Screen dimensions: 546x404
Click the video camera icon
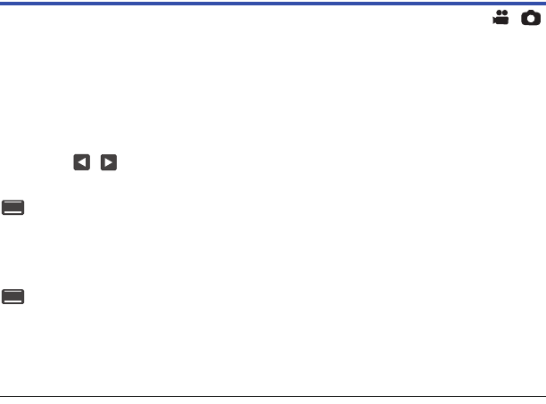tap(500, 17)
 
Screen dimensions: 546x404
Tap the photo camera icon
tap(531, 17)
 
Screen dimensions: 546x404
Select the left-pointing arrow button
tap(82, 163)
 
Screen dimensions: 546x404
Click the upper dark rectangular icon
tap(13, 208)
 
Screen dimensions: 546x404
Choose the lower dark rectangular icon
tap(13, 297)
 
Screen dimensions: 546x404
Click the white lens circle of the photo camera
tap(531, 18)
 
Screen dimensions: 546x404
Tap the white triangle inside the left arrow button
tap(81, 163)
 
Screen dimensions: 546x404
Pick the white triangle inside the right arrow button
tap(109, 163)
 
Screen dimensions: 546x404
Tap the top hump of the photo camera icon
tap(531, 11)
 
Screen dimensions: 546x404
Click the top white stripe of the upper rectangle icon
tap(13, 202)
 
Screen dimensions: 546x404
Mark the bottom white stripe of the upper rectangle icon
tap(13, 214)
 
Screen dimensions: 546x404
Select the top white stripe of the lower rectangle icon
tap(13, 292)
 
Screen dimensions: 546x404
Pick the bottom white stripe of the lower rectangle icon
tap(13, 303)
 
